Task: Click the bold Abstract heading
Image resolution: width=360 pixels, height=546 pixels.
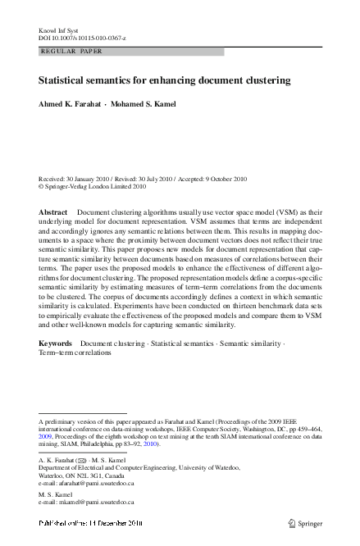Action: [x=53, y=212]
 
